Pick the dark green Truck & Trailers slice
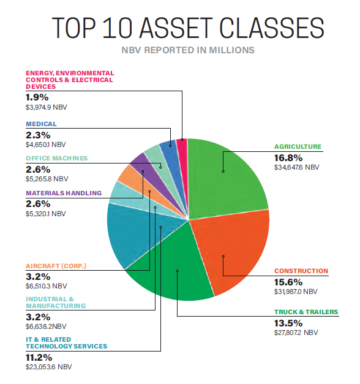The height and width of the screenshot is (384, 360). pos(171,276)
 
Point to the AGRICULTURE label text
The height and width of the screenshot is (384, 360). pos(297,146)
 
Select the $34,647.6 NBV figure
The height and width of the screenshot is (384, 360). pos(296,167)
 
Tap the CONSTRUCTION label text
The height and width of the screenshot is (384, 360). pos(301,271)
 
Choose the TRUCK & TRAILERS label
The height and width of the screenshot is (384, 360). pos(306,312)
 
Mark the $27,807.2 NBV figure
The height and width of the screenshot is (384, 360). pos(296,332)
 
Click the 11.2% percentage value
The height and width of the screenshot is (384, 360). pos(40,357)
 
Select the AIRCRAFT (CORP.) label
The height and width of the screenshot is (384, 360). pos(56,266)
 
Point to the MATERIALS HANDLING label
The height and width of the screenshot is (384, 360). pos(64,193)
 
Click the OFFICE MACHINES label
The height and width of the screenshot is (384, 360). pos(56,158)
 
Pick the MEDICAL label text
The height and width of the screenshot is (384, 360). pos(41,124)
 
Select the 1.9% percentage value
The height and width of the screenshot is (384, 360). pos(37,97)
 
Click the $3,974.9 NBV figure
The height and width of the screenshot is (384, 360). pos(47,107)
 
